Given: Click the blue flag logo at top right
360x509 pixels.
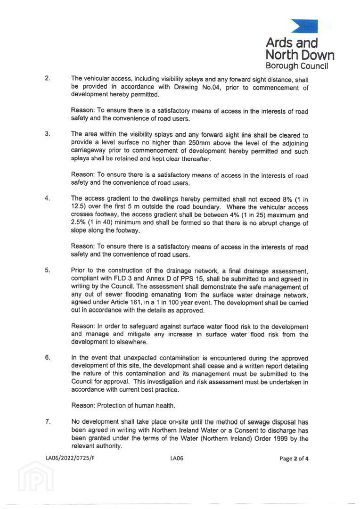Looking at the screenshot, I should (304, 26).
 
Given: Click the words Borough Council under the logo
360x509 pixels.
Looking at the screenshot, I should (297, 66).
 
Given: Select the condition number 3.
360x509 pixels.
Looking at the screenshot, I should (48, 133).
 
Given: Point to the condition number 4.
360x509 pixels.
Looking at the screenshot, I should (48, 198).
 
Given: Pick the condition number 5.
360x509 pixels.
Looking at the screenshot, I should (48, 270).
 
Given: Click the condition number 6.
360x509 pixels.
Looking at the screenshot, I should (48, 357).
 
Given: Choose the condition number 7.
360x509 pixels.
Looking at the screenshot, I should (48, 421).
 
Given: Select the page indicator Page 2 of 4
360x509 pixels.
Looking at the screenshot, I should (294, 458).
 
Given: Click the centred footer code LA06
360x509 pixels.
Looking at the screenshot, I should (177, 458).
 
